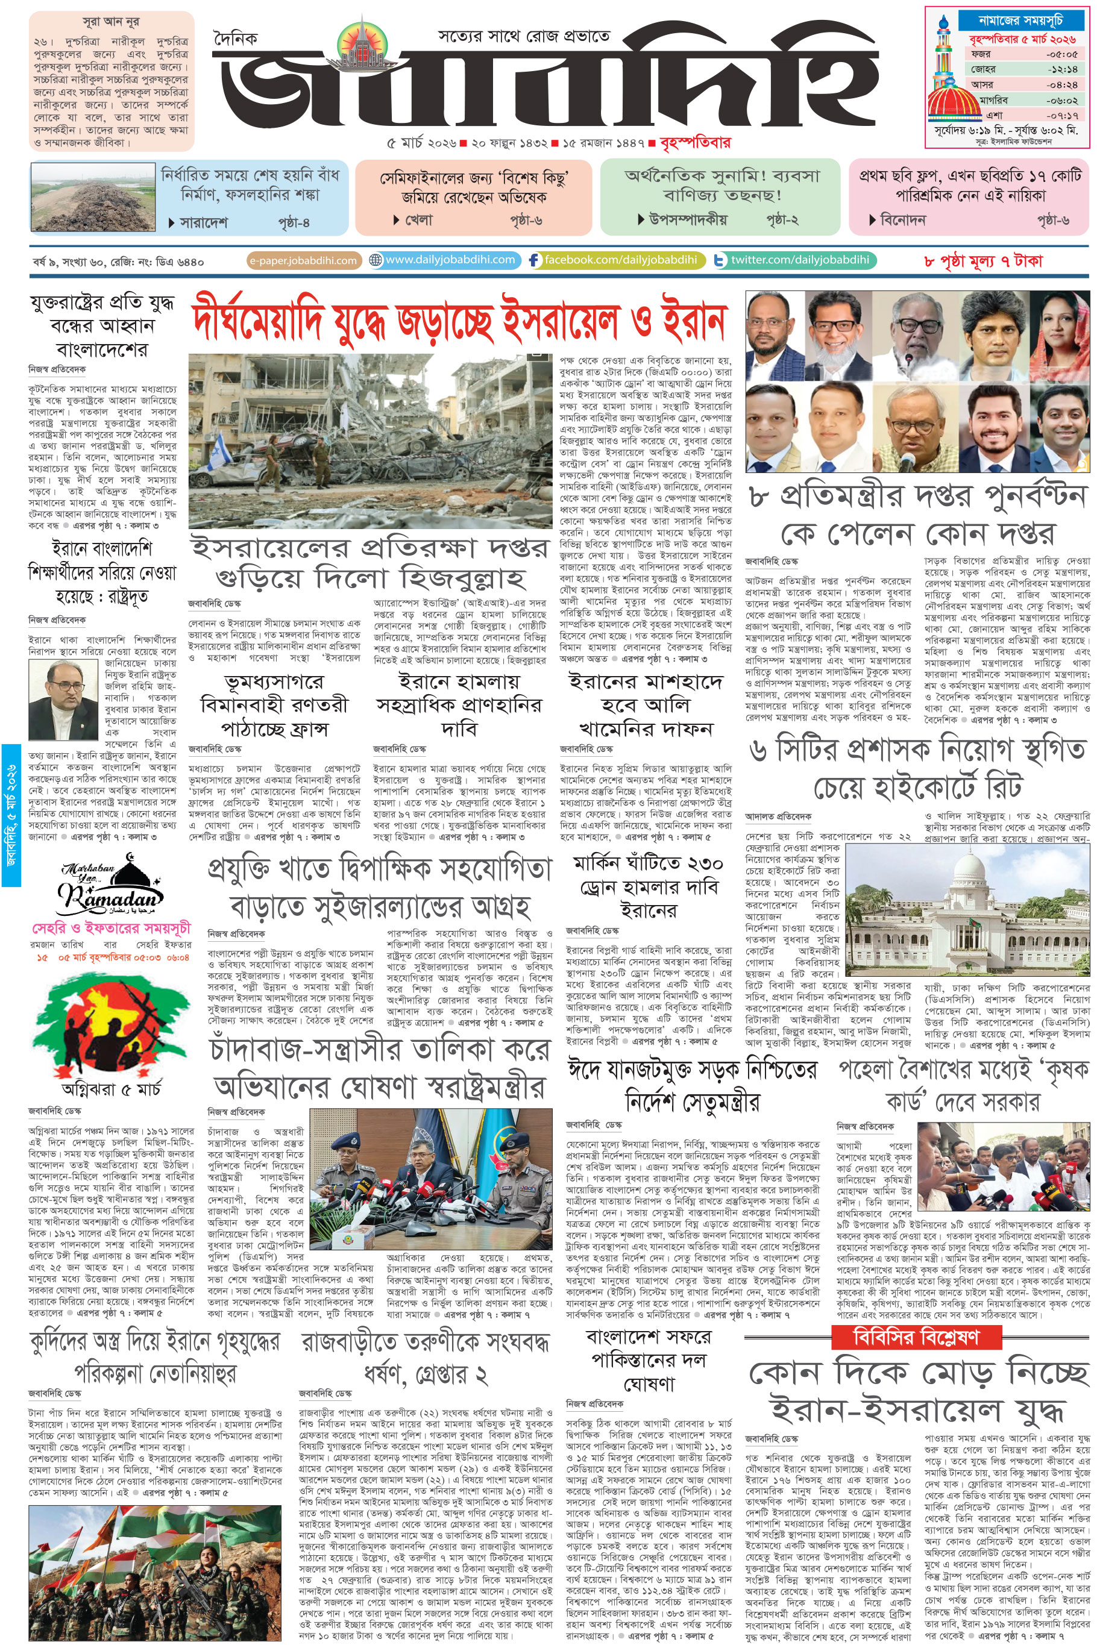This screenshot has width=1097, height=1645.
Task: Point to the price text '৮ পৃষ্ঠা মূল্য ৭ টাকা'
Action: [x=983, y=261]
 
